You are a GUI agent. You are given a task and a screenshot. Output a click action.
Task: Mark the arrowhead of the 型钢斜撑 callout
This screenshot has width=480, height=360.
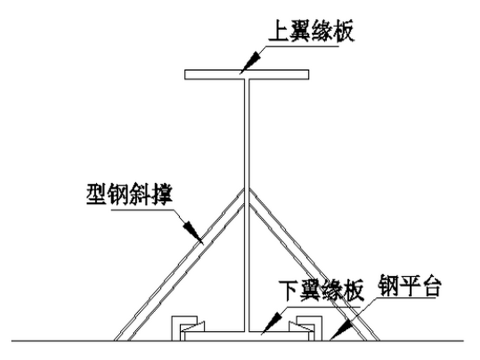196,236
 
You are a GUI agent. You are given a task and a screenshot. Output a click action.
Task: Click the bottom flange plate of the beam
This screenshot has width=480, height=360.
246,332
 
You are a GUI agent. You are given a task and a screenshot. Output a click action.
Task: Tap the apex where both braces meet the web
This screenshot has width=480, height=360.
246,189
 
